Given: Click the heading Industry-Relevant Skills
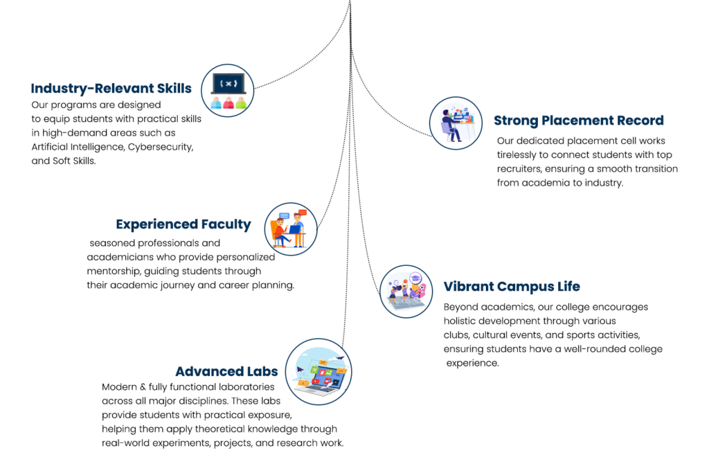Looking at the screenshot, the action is (x=111, y=89).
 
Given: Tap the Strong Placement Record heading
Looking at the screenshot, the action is (x=579, y=121).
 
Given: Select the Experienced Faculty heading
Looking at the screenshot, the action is (x=183, y=225).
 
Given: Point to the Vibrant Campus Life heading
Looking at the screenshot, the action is (x=512, y=287).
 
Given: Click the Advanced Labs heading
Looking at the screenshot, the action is (x=227, y=371).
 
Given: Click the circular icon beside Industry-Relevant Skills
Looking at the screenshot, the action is (x=227, y=91).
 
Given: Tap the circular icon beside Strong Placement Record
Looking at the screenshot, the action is (x=456, y=123).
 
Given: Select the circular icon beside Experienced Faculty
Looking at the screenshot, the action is (x=291, y=229).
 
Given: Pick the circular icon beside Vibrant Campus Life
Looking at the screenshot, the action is (x=406, y=292).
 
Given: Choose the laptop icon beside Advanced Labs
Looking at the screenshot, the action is (x=318, y=372).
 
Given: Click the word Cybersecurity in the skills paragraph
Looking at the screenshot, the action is (x=160, y=147).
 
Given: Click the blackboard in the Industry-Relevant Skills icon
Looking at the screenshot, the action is (x=228, y=84).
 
